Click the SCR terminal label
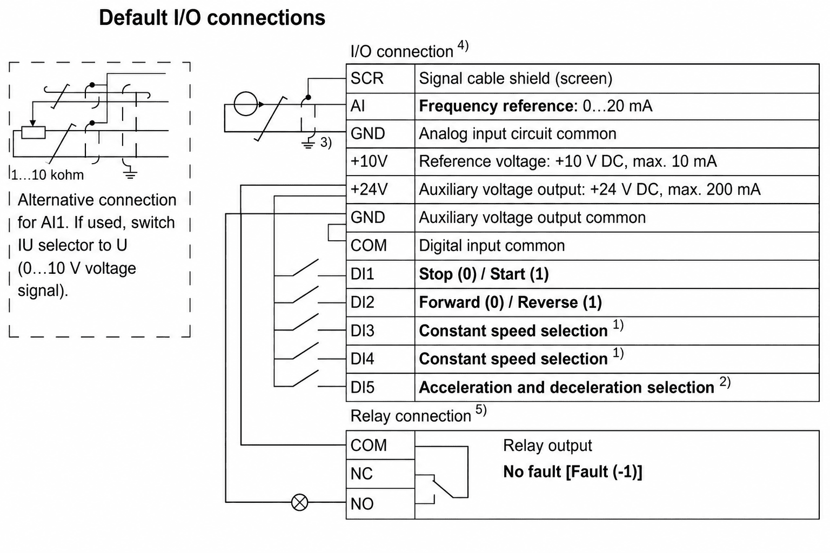tap(367, 78)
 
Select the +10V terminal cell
tap(380, 162)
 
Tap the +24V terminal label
tap(369, 189)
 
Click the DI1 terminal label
tap(362, 274)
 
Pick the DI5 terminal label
tap(363, 387)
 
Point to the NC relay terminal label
tap(362, 474)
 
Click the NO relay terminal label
tap(362, 504)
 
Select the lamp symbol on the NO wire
tap(299, 503)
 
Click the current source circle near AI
tap(245, 104)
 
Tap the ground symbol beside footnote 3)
tap(308, 144)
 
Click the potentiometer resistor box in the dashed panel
tap(34, 132)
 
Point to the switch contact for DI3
tap(305, 321)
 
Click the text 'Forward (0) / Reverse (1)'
tap(510, 302)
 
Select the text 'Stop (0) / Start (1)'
tap(484, 274)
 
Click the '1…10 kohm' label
tap(48, 175)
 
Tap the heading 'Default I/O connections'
tap(212, 17)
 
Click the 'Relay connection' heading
tap(411, 416)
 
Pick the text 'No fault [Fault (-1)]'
tap(572, 472)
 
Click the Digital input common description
tap(492, 246)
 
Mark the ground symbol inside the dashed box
tap(130, 173)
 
